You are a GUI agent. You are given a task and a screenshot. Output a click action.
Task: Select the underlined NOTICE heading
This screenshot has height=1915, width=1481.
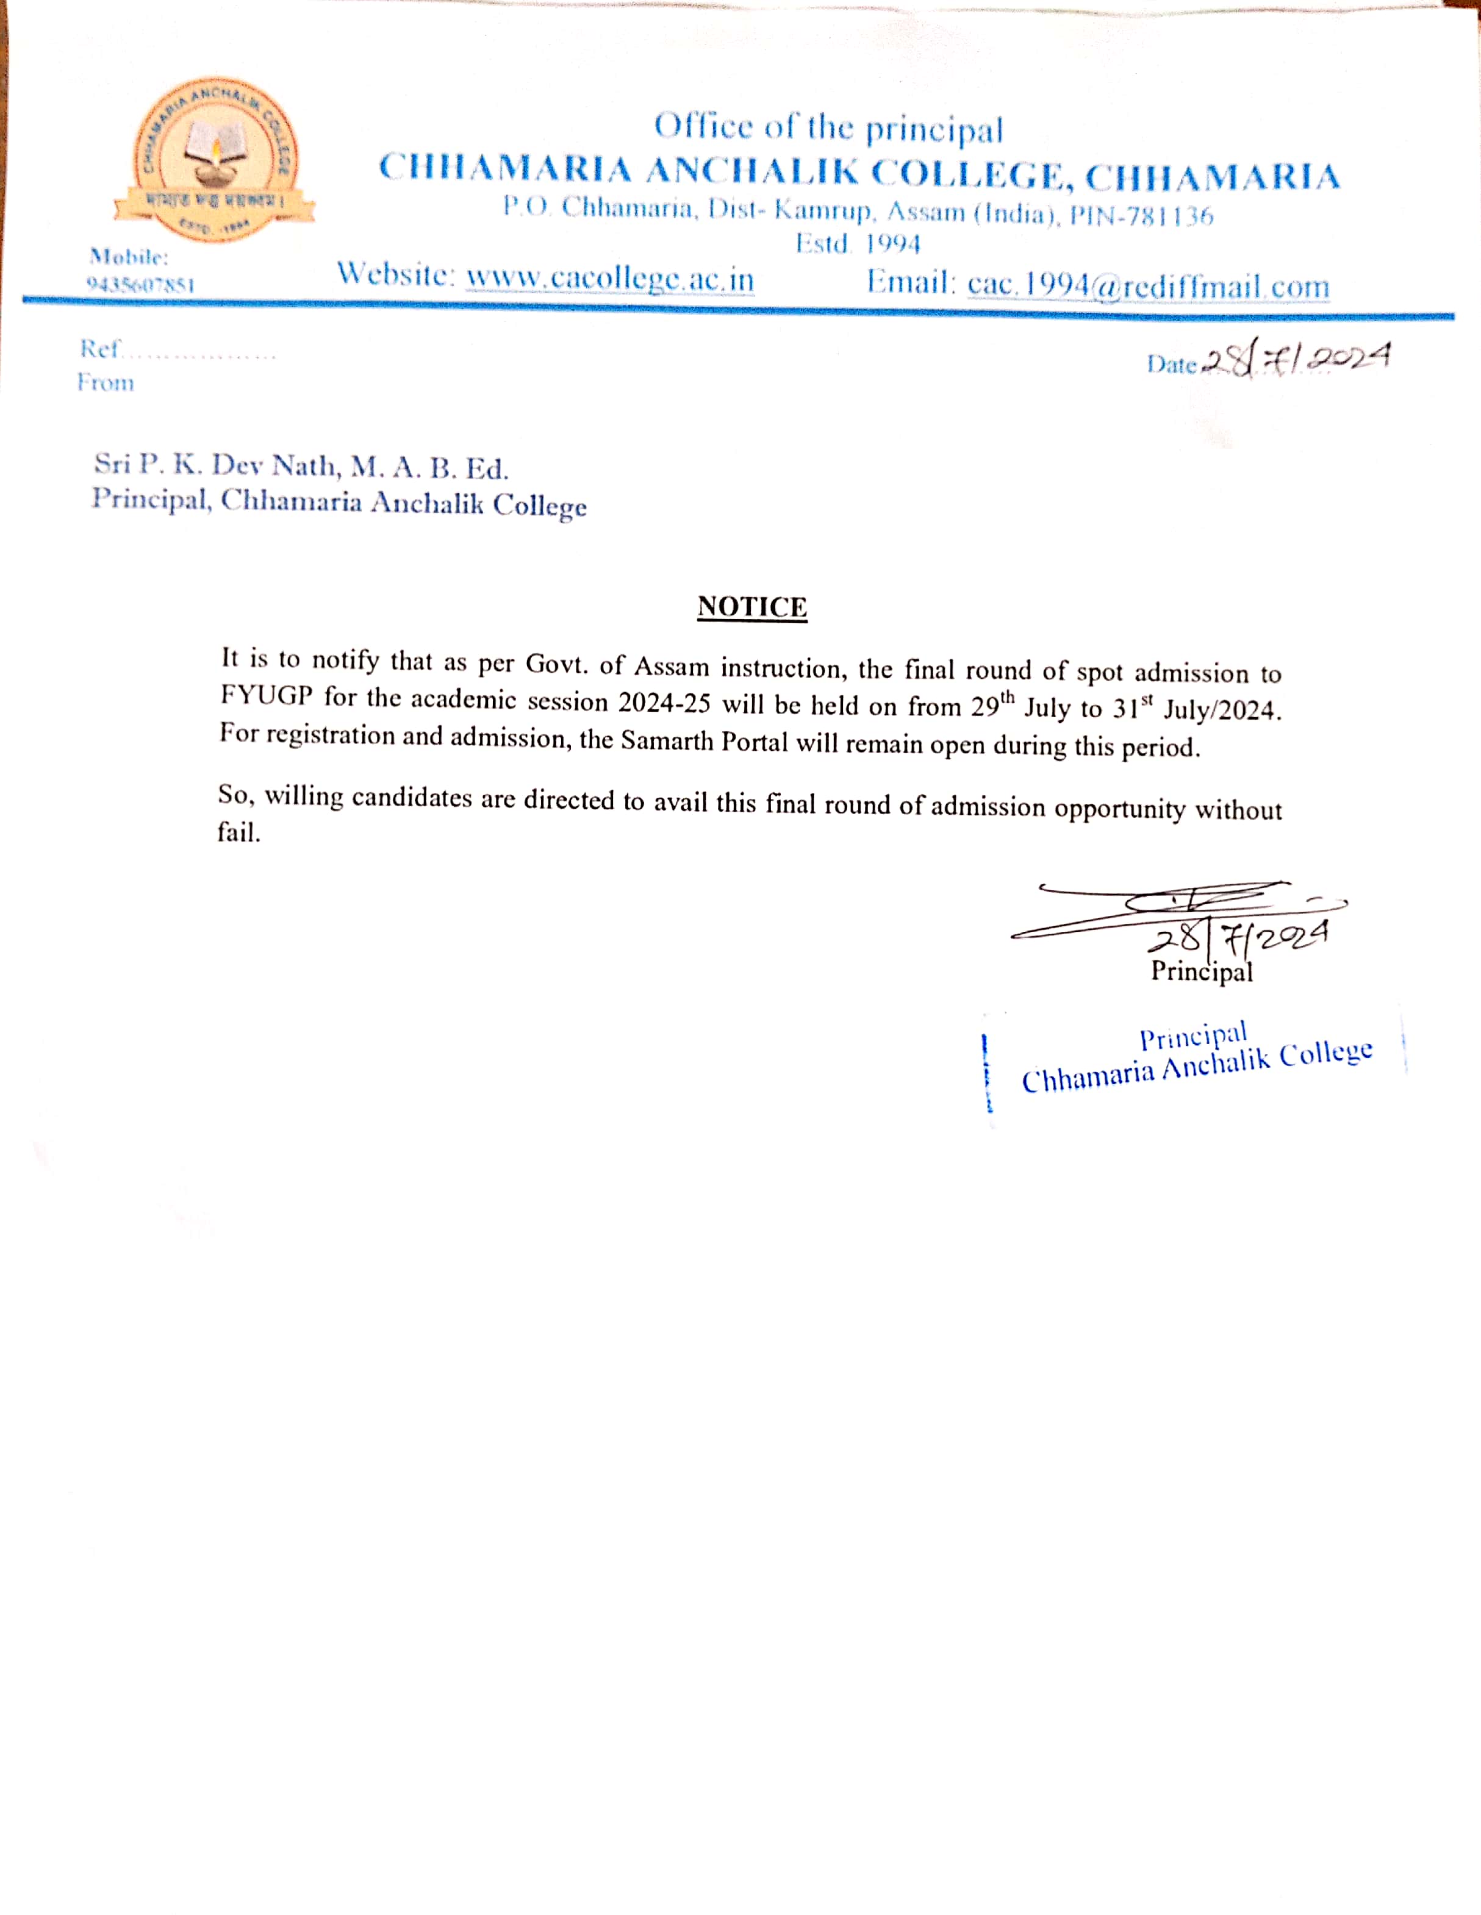(x=751, y=607)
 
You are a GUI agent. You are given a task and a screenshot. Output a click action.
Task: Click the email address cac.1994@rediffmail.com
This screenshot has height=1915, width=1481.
(x=1148, y=285)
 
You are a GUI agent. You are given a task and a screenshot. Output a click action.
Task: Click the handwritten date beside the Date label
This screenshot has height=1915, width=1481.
(x=1296, y=359)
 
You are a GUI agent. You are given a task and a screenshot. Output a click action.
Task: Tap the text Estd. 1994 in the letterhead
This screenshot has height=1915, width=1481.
(x=858, y=244)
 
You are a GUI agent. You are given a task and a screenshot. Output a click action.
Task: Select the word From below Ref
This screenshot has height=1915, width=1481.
(x=106, y=383)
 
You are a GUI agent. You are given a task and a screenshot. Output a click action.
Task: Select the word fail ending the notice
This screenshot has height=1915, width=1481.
(x=238, y=832)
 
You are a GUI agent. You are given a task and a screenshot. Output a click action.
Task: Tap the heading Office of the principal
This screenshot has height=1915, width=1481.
(x=828, y=128)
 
